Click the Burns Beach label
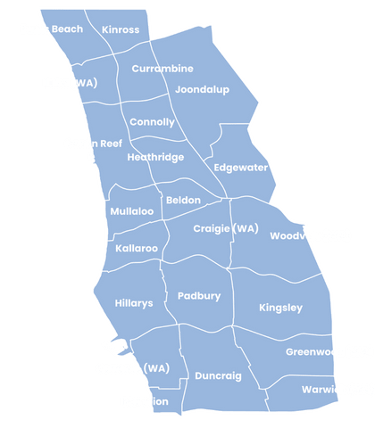pyautogui.click(x=51, y=29)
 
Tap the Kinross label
pyautogui.click(x=121, y=29)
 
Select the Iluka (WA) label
pyautogui.click(x=71, y=83)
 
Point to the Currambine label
pyautogui.click(x=162, y=69)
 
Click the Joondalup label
pyautogui.click(x=203, y=90)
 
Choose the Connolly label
pyautogui.click(x=152, y=122)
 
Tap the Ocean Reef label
pyautogui.click(x=93, y=144)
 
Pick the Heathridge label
pyautogui.click(x=155, y=157)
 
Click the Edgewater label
pyautogui.click(x=240, y=167)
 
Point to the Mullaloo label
pyautogui.click(x=132, y=211)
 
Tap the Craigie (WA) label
pyautogui.click(x=226, y=229)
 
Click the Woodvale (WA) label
pyautogui.click(x=310, y=236)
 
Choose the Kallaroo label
pyautogui.click(x=137, y=248)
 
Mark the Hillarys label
pyautogui.click(x=134, y=303)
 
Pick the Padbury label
pyautogui.click(x=199, y=296)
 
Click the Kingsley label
pyautogui.click(x=280, y=308)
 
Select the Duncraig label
pyautogui.click(x=218, y=376)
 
